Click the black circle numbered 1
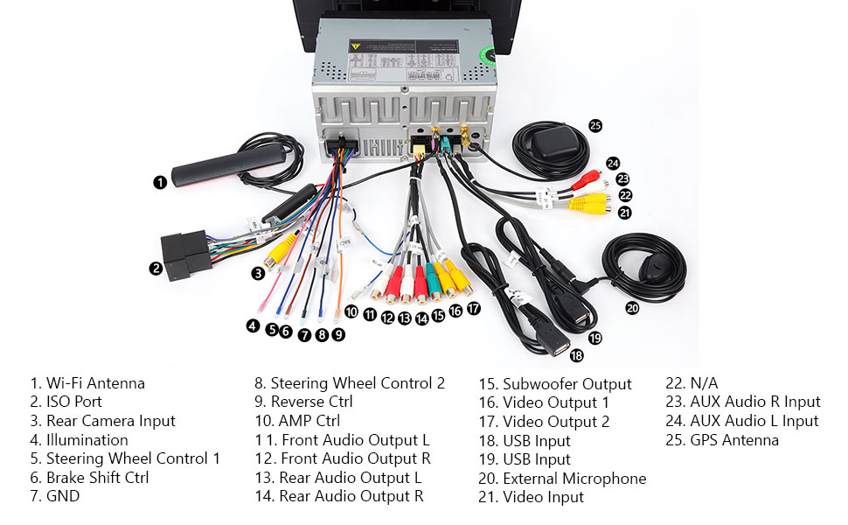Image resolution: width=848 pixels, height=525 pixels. click(x=159, y=182)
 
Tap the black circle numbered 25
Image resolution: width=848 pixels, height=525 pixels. click(x=595, y=125)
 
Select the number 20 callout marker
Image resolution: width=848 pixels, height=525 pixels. click(x=632, y=307)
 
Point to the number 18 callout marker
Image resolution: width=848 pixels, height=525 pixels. click(x=576, y=354)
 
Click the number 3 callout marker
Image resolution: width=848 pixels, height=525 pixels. click(x=258, y=273)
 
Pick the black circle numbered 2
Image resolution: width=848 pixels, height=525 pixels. click(x=156, y=269)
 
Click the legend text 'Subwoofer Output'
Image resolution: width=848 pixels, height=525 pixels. click(x=566, y=384)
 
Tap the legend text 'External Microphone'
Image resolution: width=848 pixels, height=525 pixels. click(x=574, y=479)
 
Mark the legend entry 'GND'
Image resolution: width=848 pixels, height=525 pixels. click(x=62, y=497)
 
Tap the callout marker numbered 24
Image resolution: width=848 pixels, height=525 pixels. click(x=613, y=163)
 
